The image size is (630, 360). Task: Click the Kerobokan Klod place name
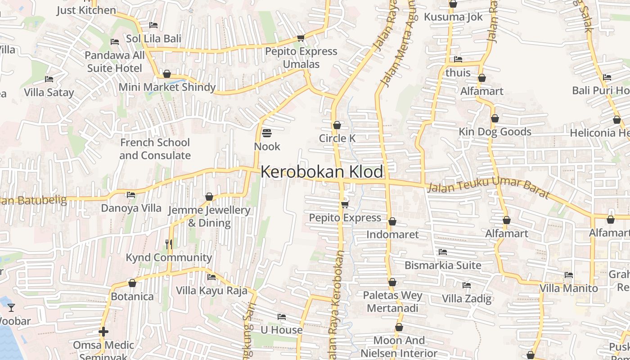click(x=322, y=172)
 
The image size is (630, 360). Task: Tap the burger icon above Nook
click(x=267, y=133)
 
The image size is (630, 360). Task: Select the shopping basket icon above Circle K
click(x=337, y=125)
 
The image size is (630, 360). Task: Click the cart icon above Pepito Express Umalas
click(x=301, y=38)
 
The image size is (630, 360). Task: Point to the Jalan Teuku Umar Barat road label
click(x=488, y=188)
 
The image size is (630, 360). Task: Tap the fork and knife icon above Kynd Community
click(x=169, y=244)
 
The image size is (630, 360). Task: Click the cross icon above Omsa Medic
click(x=103, y=332)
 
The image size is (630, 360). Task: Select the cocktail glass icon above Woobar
click(x=11, y=308)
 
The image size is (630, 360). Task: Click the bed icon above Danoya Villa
click(x=131, y=195)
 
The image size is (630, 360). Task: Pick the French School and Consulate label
click(x=155, y=149)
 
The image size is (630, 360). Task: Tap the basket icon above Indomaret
click(x=392, y=221)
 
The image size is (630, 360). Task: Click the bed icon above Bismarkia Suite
click(x=443, y=252)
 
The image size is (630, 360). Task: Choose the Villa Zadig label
click(x=467, y=298)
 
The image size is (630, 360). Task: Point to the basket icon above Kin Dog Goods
click(x=495, y=118)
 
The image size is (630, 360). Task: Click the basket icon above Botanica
click(x=132, y=283)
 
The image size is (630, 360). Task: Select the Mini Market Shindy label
click(x=167, y=87)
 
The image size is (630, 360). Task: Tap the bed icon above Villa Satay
click(x=49, y=79)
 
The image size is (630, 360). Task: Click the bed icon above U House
click(x=282, y=317)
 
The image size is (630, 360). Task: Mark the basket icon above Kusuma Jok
click(x=453, y=4)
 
